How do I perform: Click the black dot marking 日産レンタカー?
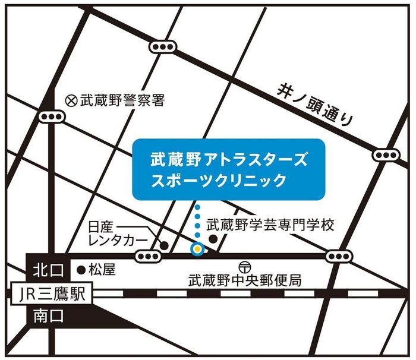coord(164,244)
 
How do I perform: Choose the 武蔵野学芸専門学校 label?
coord(271,226)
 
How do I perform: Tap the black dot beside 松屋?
coord(81,270)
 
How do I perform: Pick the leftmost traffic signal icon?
coord(51,117)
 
